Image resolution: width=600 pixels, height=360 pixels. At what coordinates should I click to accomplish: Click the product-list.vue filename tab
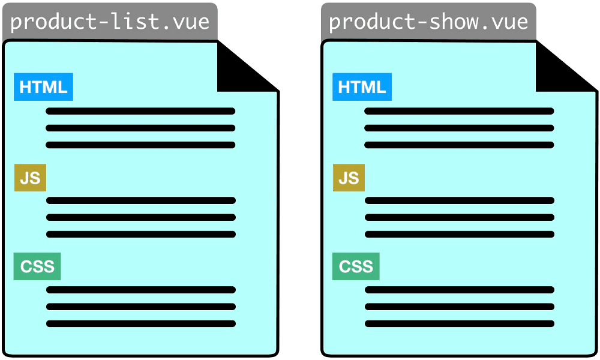pyautogui.click(x=110, y=22)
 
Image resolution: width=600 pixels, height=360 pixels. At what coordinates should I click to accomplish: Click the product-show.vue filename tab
pyautogui.click(x=428, y=22)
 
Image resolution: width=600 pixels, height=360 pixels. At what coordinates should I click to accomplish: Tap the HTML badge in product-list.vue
pyautogui.click(x=43, y=87)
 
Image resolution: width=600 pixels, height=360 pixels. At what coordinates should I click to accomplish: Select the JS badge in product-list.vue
pyautogui.click(x=30, y=178)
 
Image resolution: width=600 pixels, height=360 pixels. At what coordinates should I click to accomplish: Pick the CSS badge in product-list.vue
pyautogui.click(x=37, y=266)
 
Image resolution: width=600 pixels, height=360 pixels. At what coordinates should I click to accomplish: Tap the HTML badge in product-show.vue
pyautogui.click(x=362, y=87)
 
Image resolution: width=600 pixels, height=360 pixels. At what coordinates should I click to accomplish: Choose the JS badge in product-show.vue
pyautogui.click(x=349, y=178)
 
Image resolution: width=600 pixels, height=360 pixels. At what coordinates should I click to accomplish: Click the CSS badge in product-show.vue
pyautogui.click(x=356, y=266)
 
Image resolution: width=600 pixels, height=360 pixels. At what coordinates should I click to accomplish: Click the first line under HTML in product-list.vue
pyautogui.click(x=140, y=112)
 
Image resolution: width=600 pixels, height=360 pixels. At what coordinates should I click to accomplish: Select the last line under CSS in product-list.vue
pyautogui.click(x=141, y=323)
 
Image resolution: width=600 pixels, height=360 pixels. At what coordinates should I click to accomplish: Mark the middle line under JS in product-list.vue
pyautogui.click(x=141, y=217)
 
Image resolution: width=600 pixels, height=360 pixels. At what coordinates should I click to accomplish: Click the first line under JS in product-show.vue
pyautogui.click(x=460, y=200)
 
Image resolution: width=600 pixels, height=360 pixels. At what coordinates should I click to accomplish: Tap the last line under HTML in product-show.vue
pyautogui.click(x=459, y=145)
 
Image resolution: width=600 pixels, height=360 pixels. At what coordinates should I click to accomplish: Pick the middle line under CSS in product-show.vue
pyautogui.click(x=460, y=307)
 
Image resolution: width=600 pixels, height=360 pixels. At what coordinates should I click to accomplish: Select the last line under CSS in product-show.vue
pyautogui.click(x=460, y=323)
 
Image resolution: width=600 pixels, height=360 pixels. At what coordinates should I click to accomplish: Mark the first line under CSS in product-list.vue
pyautogui.click(x=141, y=290)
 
